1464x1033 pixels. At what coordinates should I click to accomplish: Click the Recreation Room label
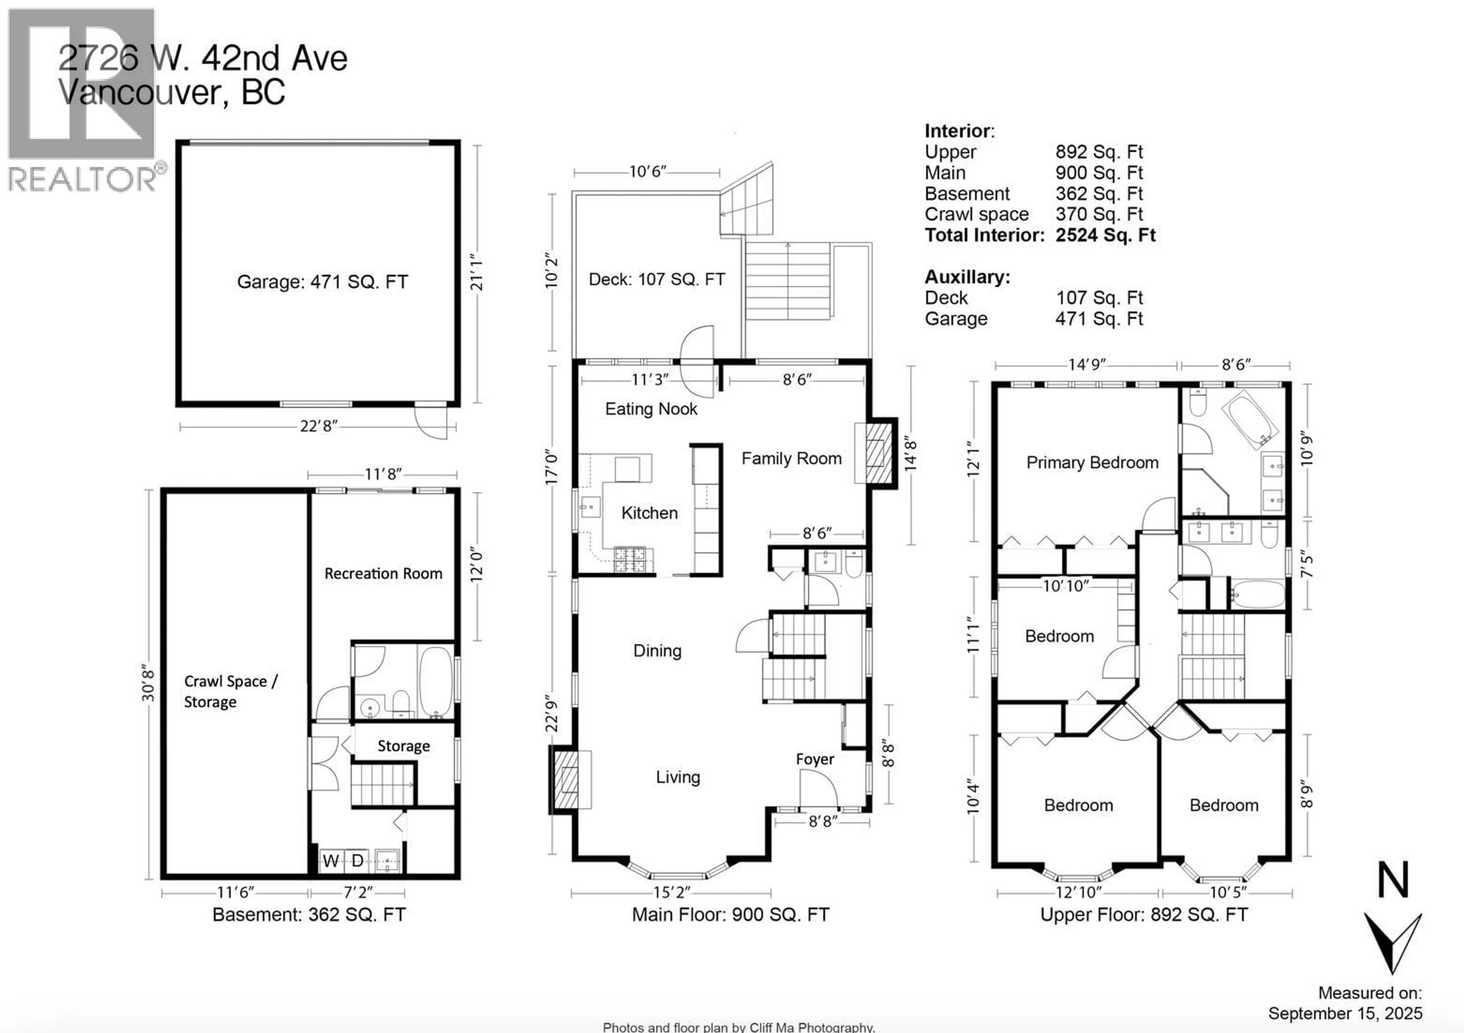click(x=383, y=573)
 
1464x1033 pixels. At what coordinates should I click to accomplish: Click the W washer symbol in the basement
click(x=330, y=861)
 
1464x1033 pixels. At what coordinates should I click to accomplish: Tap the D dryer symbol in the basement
click(x=358, y=861)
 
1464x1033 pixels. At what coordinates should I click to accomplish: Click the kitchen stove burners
click(x=629, y=559)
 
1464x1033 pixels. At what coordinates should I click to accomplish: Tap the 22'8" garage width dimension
click(x=318, y=426)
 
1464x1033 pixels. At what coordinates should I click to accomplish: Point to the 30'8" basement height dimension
click(x=148, y=682)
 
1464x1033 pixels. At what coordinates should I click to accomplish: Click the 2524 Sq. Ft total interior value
click(x=1105, y=235)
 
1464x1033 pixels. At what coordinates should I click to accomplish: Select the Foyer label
click(x=814, y=759)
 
